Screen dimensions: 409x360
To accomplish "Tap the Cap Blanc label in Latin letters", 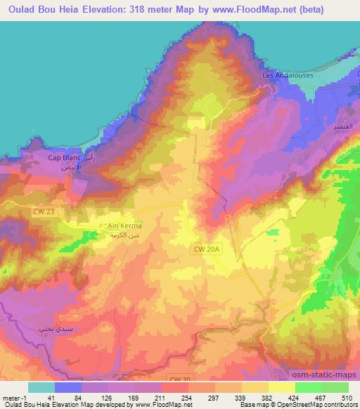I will coord(64,158).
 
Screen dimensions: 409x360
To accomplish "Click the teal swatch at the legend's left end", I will coord(41,387).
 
